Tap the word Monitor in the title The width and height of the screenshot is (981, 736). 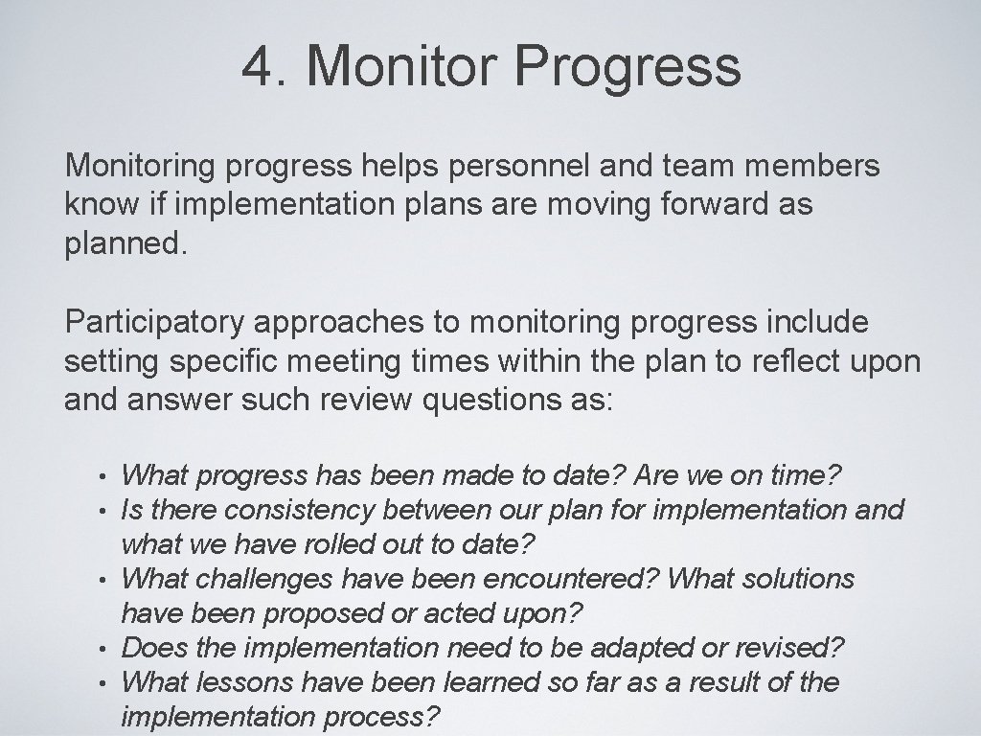tap(401, 66)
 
